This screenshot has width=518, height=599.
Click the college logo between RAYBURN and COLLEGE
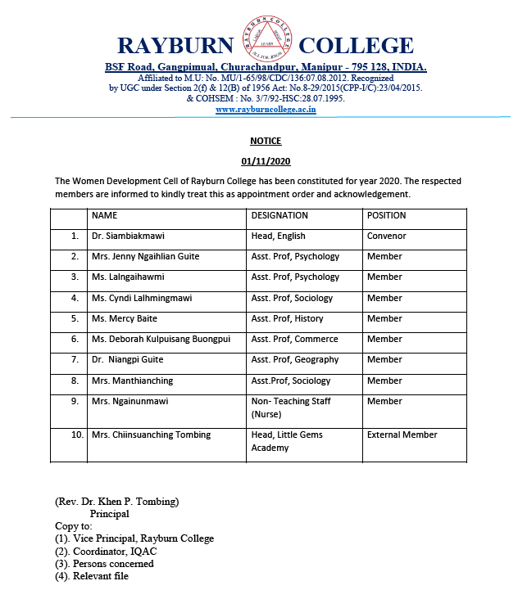pyautogui.click(x=264, y=42)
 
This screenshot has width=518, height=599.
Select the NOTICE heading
pyautogui.click(x=266, y=141)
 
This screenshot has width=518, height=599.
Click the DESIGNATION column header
pyautogui.click(x=279, y=215)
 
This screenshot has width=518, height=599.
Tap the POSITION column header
pyautogui.click(x=386, y=215)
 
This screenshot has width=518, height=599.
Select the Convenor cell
pyautogui.click(x=387, y=236)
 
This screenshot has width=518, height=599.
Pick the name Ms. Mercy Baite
pyautogui.click(x=125, y=318)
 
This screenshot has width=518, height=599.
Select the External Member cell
pyautogui.click(x=402, y=435)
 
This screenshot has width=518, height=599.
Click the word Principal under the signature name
pyautogui.click(x=110, y=514)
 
